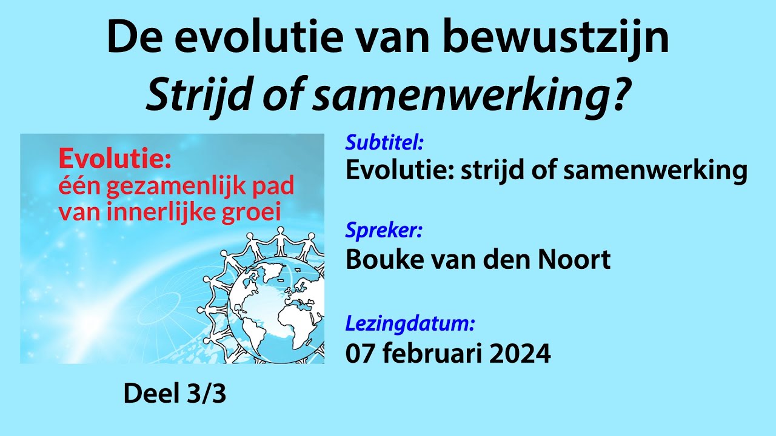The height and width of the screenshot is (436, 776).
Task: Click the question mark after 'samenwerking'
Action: pyautogui.click(x=615, y=94)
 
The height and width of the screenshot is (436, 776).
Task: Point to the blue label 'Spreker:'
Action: pyautogui.click(x=384, y=231)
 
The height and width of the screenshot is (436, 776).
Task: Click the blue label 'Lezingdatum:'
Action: pyautogui.click(x=410, y=324)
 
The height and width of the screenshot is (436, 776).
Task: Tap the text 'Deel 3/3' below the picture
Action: pyautogui.click(x=175, y=394)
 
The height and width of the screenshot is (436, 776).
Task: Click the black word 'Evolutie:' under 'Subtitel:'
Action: pyautogui.click(x=398, y=171)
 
